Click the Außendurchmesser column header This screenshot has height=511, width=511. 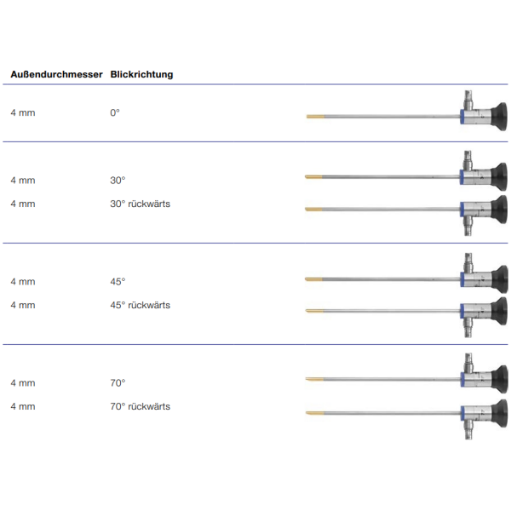56,74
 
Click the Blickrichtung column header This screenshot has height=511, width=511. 141,74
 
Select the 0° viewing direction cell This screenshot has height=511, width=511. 115,112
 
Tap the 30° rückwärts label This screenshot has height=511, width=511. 141,204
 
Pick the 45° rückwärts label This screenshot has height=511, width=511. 141,305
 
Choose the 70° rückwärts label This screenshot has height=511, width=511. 141,406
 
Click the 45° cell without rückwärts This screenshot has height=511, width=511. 118,282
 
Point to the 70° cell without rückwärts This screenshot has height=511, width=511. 118,383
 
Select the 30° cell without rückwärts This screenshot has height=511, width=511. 118,181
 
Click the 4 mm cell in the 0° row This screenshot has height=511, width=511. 23,112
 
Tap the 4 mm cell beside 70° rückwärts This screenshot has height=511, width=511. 23,406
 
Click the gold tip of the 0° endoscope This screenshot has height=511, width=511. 315,117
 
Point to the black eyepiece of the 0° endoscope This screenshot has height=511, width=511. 499,117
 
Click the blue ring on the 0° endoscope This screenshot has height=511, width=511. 462,117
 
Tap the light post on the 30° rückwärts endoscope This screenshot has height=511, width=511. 468,226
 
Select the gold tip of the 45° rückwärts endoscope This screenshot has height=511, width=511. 314,311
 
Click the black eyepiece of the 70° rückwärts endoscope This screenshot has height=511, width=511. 500,413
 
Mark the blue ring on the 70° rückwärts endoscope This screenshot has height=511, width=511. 462,414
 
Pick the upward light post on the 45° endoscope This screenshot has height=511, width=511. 468,262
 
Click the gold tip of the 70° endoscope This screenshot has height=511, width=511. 314,379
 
